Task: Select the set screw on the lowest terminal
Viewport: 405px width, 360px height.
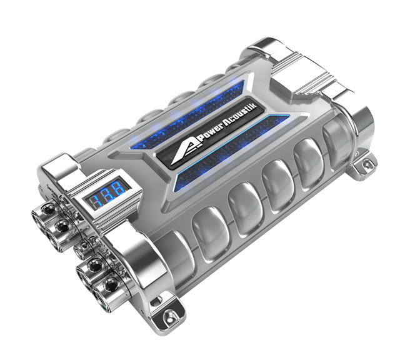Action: (x=111, y=286)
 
